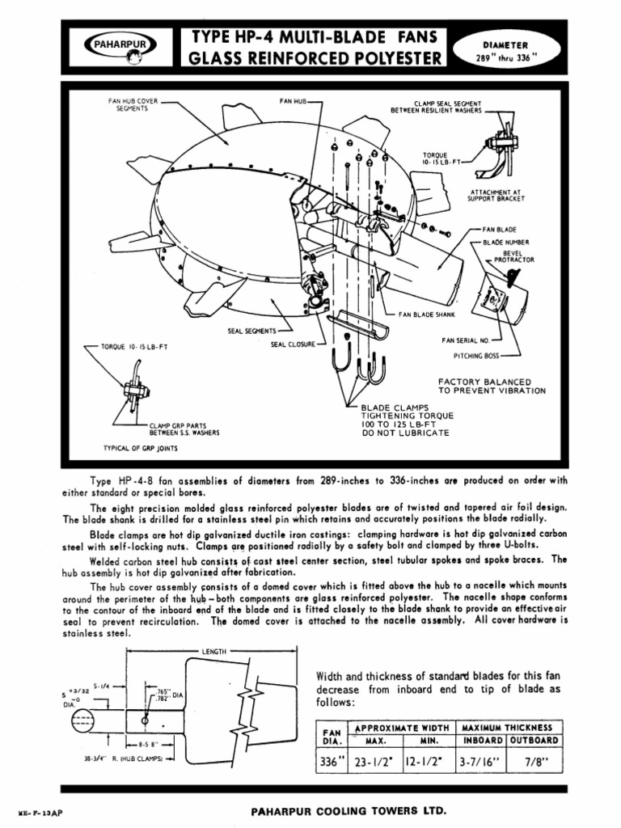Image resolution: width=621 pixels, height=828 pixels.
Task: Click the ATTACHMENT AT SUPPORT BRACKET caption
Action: pos(496,195)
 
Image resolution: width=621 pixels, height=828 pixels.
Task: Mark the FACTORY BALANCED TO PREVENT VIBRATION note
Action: pos(492,386)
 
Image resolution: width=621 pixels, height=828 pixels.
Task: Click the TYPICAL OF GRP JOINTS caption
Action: pos(141,447)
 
